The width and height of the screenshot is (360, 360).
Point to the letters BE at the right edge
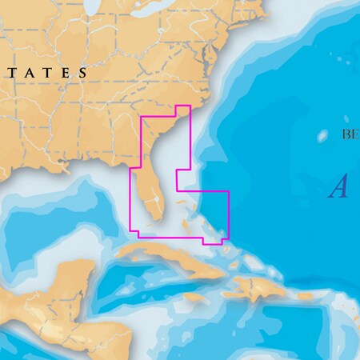(350, 134)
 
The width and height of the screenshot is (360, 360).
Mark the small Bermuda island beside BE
(323, 135)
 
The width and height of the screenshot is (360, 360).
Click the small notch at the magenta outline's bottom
(213, 242)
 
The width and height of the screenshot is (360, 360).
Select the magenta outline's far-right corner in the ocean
(229, 192)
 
